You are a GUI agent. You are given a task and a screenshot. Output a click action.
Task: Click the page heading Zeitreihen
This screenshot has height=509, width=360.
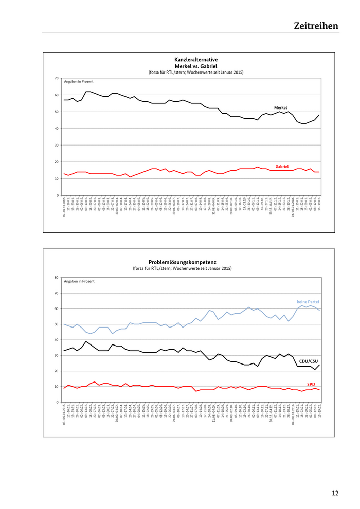(x=316, y=26)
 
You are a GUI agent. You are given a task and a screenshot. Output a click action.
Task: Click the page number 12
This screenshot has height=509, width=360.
(x=335, y=493)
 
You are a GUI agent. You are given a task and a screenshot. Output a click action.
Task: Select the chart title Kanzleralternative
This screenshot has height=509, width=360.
(x=189, y=60)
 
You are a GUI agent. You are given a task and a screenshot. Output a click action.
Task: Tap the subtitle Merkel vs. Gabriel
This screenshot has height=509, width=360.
(x=189, y=66)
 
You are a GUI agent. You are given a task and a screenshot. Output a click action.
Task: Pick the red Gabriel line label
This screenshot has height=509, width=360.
(x=282, y=167)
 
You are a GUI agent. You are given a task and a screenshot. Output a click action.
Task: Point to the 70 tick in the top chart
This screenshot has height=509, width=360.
(x=56, y=78)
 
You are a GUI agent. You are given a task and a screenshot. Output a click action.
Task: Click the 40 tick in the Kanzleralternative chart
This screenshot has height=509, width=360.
(x=56, y=129)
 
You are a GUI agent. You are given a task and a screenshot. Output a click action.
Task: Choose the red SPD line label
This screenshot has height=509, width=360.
(x=311, y=384)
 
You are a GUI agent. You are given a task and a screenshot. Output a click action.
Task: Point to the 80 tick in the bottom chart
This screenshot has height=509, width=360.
(x=56, y=278)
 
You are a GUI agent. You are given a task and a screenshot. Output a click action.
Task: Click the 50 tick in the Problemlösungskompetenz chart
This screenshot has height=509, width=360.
(x=56, y=324)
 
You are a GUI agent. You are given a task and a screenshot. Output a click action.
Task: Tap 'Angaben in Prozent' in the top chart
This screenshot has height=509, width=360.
(x=79, y=82)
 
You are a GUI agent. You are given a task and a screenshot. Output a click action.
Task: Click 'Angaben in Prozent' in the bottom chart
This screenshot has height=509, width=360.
(x=79, y=281)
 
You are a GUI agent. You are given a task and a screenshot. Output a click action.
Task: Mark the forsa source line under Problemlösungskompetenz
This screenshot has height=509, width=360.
(x=189, y=269)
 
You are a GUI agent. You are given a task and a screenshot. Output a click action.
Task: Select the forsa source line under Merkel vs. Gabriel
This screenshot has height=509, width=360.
(x=189, y=72)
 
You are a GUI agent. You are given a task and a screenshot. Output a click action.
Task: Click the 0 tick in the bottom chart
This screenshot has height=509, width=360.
(x=57, y=402)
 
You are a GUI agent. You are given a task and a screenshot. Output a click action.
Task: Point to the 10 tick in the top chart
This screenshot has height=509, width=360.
(x=56, y=179)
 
